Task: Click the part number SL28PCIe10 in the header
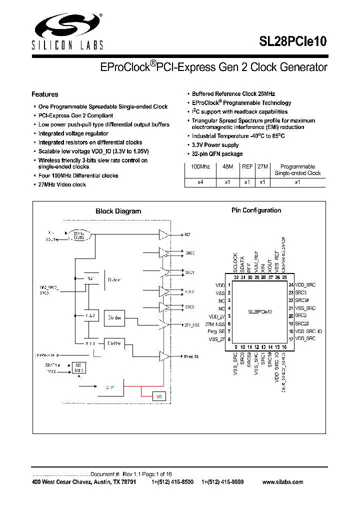[x=293, y=42]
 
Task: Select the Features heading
[x=44, y=94]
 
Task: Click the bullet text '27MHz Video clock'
[x=62, y=185]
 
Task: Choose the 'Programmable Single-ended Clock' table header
[x=297, y=170]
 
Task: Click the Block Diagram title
[x=118, y=211]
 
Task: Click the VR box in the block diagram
[x=159, y=396]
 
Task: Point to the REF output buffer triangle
[x=163, y=234]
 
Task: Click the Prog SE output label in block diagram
[x=191, y=356]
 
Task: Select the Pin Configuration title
[x=256, y=210]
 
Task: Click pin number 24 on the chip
[x=290, y=284]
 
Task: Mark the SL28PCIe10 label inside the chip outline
[x=260, y=311]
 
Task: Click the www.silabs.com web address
[x=282, y=482]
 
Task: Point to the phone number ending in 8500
[x=172, y=482]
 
